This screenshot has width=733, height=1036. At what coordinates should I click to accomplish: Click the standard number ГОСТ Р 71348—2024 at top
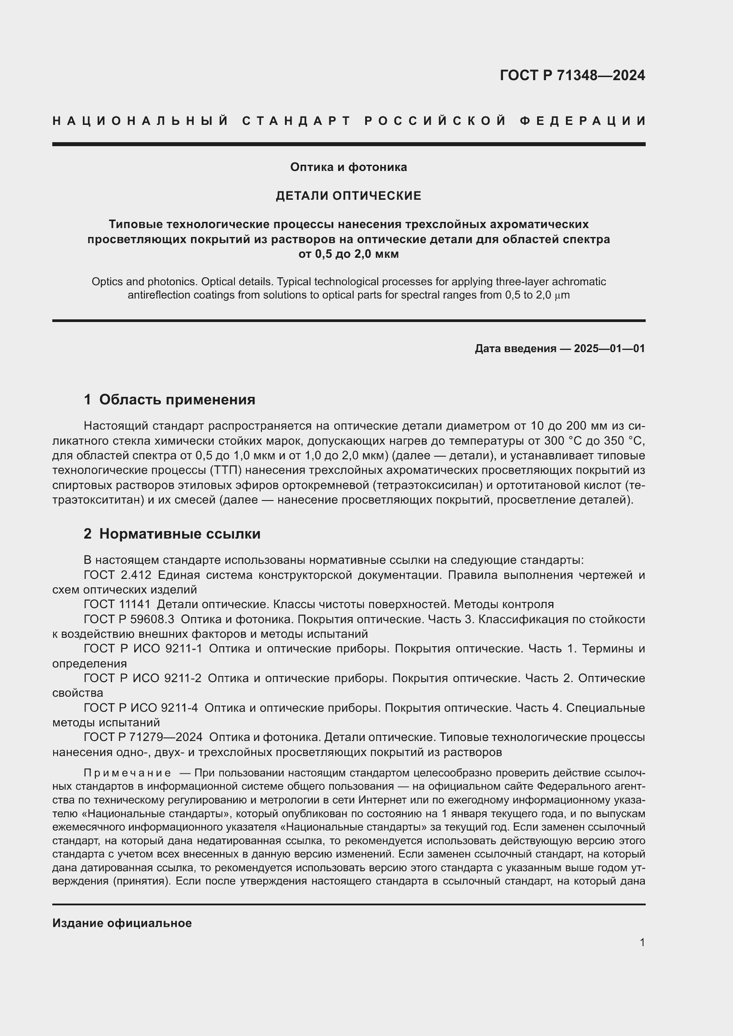click(572, 75)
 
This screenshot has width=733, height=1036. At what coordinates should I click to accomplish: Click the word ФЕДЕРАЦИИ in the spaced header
click(582, 121)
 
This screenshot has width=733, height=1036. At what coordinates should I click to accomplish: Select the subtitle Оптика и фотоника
click(348, 167)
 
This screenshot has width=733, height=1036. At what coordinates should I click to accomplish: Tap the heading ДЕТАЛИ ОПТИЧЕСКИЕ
click(348, 195)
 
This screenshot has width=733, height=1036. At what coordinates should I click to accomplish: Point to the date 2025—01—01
click(609, 348)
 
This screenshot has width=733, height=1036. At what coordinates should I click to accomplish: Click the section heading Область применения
click(177, 400)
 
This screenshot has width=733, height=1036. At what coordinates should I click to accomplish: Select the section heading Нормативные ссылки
click(179, 534)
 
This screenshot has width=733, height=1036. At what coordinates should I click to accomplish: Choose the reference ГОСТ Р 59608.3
click(129, 619)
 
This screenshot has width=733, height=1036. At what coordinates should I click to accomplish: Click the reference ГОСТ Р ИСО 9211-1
click(143, 648)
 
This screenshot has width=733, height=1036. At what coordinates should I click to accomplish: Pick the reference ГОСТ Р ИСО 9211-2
click(143, 678)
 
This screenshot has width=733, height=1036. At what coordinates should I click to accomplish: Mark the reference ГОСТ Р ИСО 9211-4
click(141, 707)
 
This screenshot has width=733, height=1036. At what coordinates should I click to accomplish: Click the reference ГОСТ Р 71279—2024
click(143, 737)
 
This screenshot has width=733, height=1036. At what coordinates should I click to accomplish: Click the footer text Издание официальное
click(122, 923)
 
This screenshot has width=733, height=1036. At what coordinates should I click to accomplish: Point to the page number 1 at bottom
click(642, 942)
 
